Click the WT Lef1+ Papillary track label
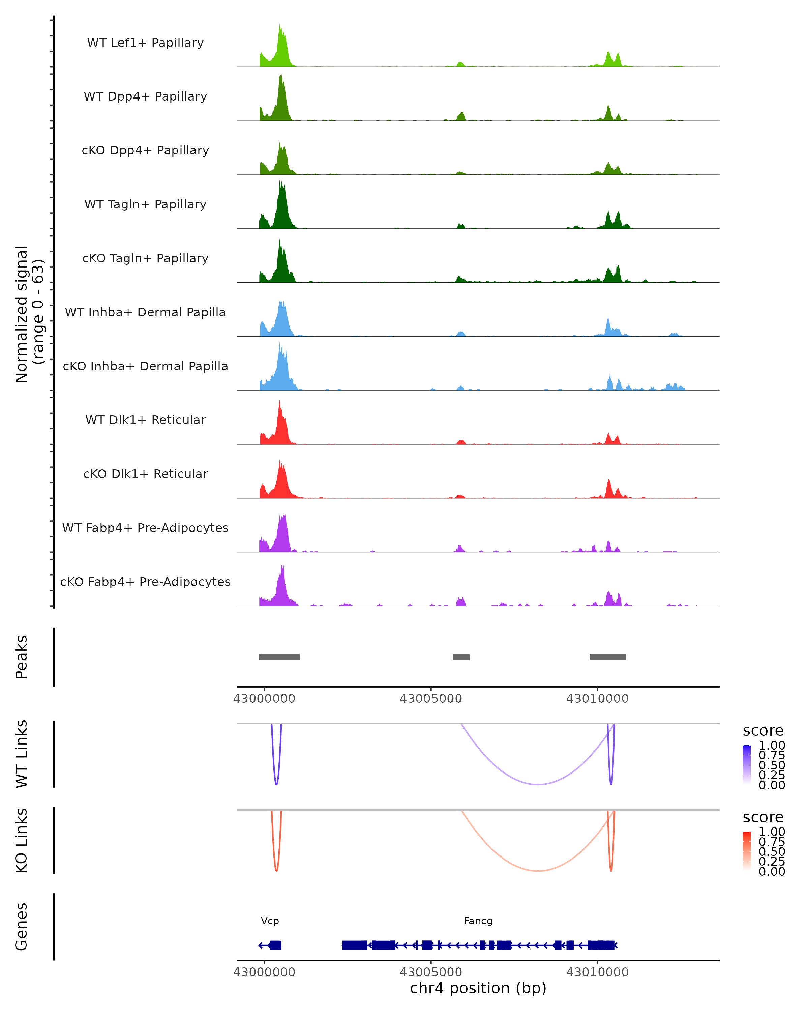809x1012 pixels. pos(145,43)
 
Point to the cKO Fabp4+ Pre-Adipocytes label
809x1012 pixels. pos(145,582)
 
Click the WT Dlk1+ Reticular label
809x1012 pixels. pos(145,420)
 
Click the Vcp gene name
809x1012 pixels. pos(270,921)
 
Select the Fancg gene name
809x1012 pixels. pos(478,921)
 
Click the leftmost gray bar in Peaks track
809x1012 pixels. pos(279,657)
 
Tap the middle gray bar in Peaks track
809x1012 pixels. pos(461,657)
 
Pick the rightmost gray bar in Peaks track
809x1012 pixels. pos(607,657)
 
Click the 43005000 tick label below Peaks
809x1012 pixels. pos(430,699)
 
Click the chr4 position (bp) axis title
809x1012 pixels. pos(478,988)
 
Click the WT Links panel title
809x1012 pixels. pos(22,754)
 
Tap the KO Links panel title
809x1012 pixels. pos(22,840)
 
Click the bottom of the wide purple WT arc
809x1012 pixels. pos(538,784)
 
